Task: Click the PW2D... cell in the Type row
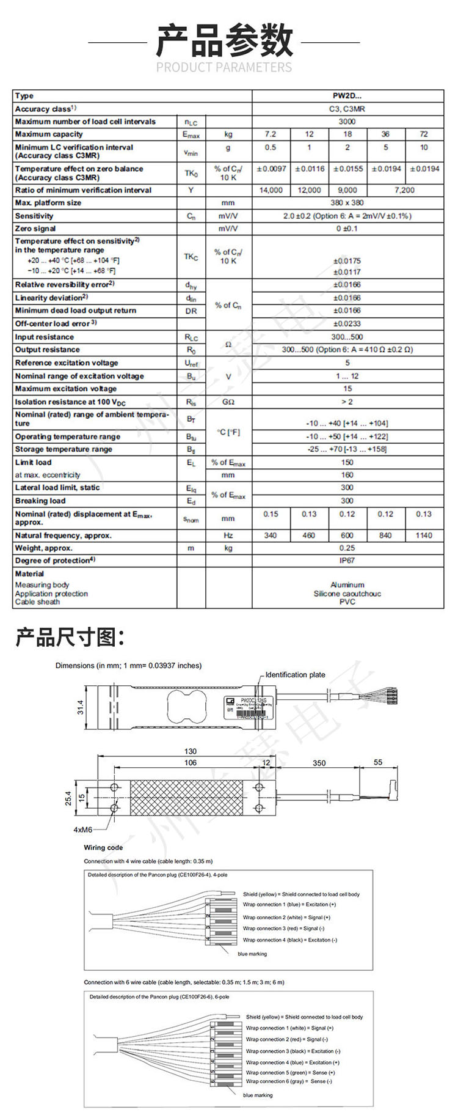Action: (x=347, y=96)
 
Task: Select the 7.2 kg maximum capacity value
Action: (x=271, y=134)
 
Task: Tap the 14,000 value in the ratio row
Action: (x=271, y=190)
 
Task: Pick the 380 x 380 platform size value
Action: (x=347, y=203)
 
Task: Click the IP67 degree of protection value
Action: (x=347, y=561)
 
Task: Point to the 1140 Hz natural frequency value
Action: (x=424, y=535)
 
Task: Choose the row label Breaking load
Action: (x=40, y=501)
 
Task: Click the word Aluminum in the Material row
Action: (x=347, y=585)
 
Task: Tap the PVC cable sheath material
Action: (x=347, y=602)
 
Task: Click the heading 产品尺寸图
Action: (x=70, y=638)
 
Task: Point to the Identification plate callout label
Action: (x=295, y=675)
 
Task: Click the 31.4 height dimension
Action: (x=80, y=708)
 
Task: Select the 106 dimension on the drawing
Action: (x=191, y=762)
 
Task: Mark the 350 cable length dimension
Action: (x=319, y=763)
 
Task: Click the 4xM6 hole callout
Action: (x=82, y=830)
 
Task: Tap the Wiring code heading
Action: (x=103, y=848)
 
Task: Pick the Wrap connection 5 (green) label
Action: (x=290, y=1072)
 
